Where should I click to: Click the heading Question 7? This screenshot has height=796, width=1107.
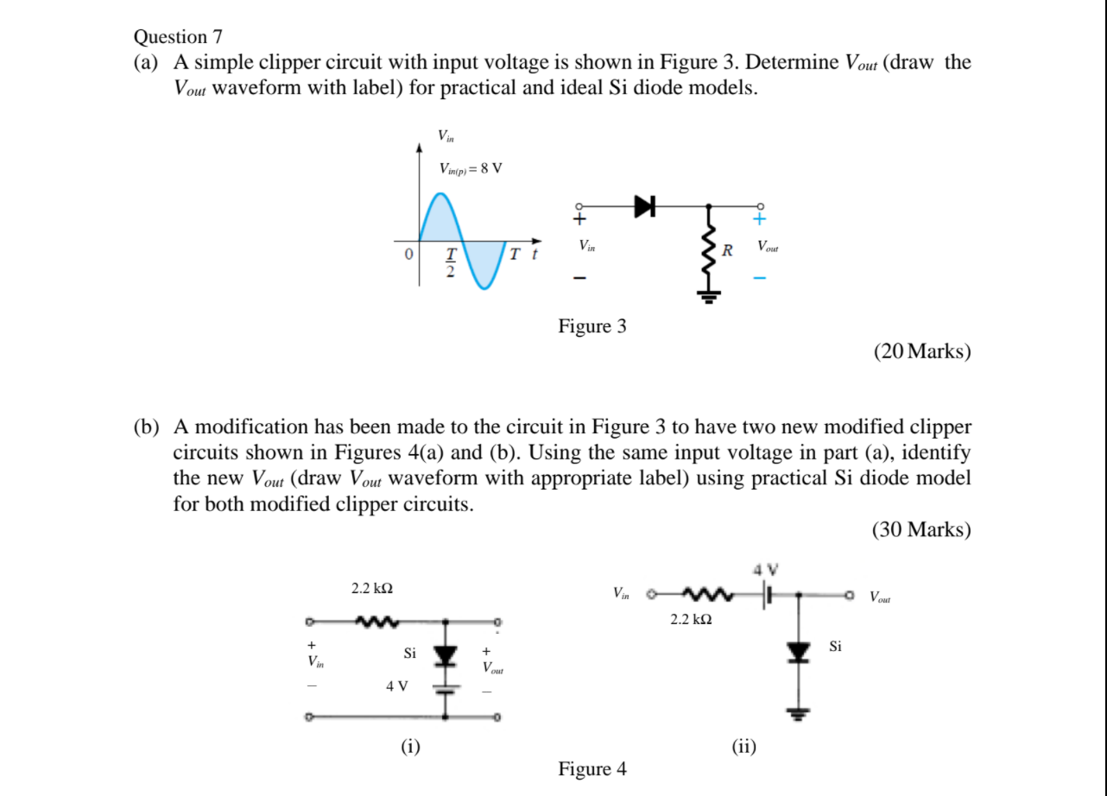(x=178, y=37)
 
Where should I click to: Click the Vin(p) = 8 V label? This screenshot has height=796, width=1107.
(x=470, y=168)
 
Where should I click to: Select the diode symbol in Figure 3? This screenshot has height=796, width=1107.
(x=645, y=205)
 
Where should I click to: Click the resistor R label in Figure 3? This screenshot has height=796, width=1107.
(x=727, y=251)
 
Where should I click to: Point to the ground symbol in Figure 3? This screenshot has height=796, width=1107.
(x=710, y=297)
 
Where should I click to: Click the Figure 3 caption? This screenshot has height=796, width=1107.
(x=592, y=326)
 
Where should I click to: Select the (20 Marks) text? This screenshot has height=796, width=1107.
(x=921, y=351)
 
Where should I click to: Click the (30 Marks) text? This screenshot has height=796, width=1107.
(x=921, y=529)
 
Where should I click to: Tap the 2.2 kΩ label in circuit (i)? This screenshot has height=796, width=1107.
(x=372, y=589)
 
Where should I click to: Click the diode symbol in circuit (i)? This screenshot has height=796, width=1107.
(x=446, y=655)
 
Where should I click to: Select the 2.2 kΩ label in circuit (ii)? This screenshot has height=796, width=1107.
(x=692, y=619)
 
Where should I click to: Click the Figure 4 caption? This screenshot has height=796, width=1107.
(x=592, y=768)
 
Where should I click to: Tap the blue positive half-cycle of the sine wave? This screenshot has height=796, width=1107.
(x=441, y=221)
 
